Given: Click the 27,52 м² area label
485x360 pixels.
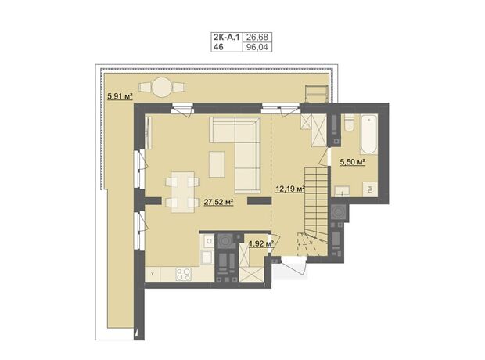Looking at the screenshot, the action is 218,203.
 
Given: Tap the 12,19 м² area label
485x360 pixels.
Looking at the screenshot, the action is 290,189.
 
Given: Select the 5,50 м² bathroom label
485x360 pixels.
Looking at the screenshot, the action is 353,161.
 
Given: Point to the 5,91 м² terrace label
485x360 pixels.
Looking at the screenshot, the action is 120,96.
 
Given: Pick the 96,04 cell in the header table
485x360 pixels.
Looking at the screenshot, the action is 257,47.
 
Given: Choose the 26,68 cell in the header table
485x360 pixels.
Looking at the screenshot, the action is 257,37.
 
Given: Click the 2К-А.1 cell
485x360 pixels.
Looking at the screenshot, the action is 226,37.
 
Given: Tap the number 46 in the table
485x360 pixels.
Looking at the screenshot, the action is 218,47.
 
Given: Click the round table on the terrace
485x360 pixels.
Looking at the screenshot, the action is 162,87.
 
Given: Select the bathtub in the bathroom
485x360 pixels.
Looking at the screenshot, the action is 368,135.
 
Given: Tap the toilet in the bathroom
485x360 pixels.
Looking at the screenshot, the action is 350,122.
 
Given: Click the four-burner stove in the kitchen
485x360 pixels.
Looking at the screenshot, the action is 183,274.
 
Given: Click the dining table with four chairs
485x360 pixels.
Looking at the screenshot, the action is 182,193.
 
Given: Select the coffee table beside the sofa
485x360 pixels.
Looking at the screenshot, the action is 217,164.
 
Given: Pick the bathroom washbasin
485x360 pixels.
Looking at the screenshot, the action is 342,191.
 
